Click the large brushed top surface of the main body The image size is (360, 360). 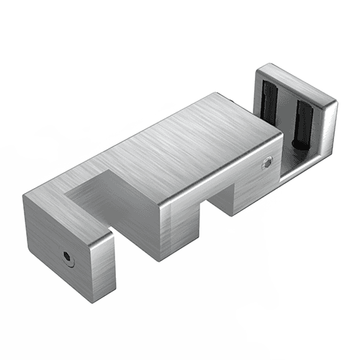[x=180, y=144]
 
